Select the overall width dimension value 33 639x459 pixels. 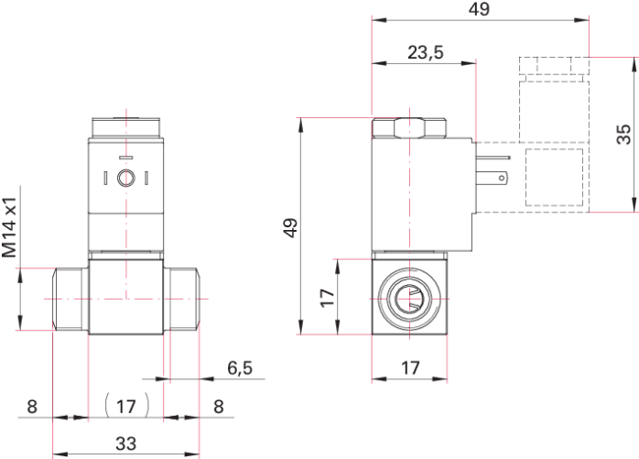[x=126, y=444]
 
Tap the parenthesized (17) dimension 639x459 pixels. [x=126, y=404]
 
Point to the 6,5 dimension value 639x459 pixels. [x=240, y=368]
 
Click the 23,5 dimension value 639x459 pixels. [x=426, y=52]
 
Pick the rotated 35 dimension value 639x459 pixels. [x=623, y=134]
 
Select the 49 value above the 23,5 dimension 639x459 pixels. [x=478, y=10]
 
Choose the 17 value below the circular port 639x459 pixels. [x=410, y=368]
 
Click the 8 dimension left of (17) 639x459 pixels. [x=31, y=406]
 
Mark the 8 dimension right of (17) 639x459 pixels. [x=218, y=406]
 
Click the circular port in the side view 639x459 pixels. [x=409, y=298]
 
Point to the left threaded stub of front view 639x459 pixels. [x=70, y=299]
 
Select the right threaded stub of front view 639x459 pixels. [x=182, y=299]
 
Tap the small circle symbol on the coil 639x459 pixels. [x=125, y=177]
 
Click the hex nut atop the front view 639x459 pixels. [x=126, y=126]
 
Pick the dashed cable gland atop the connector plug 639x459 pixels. [x=553, y=67]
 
